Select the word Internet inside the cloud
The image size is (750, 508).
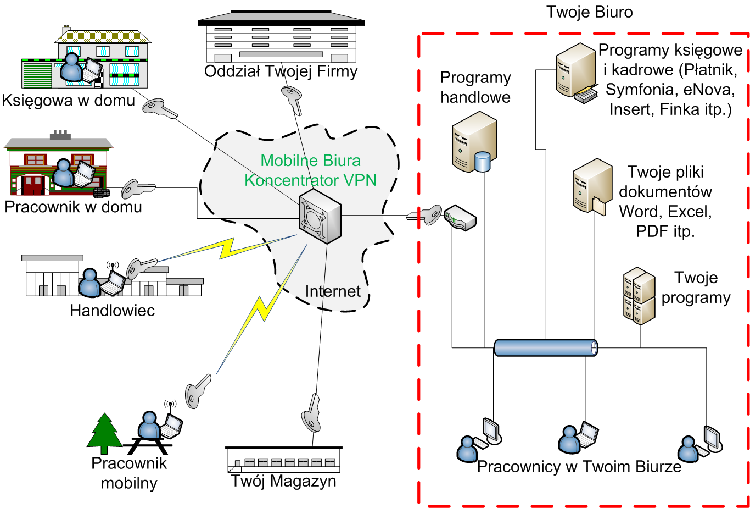(333, 291)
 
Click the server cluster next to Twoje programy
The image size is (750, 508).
(639, 295)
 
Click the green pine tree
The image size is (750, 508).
(105, 429)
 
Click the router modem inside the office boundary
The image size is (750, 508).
(460, 217)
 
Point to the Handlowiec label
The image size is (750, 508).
(113, 311)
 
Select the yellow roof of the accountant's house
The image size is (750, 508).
(103, 36)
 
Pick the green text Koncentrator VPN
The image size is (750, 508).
(310, 179)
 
